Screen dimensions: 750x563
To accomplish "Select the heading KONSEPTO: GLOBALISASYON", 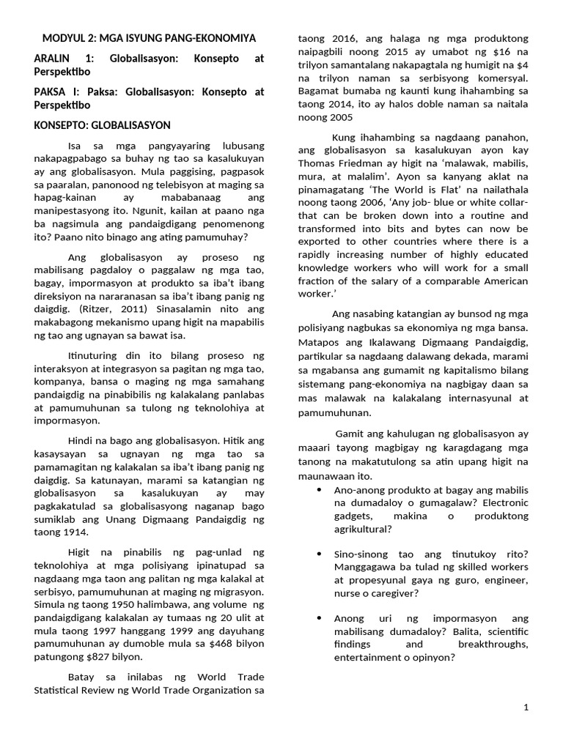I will click(x=102, y=125).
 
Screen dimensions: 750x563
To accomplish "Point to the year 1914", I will click(x=63, y=532).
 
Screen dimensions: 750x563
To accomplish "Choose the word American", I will click(x=502, y=281).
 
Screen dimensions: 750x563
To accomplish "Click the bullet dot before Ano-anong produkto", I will click(x=318, y=489).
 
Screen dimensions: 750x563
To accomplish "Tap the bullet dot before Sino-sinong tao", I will click(x=318, y=554).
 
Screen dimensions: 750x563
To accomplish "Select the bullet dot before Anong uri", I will click(x=318, y=618).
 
